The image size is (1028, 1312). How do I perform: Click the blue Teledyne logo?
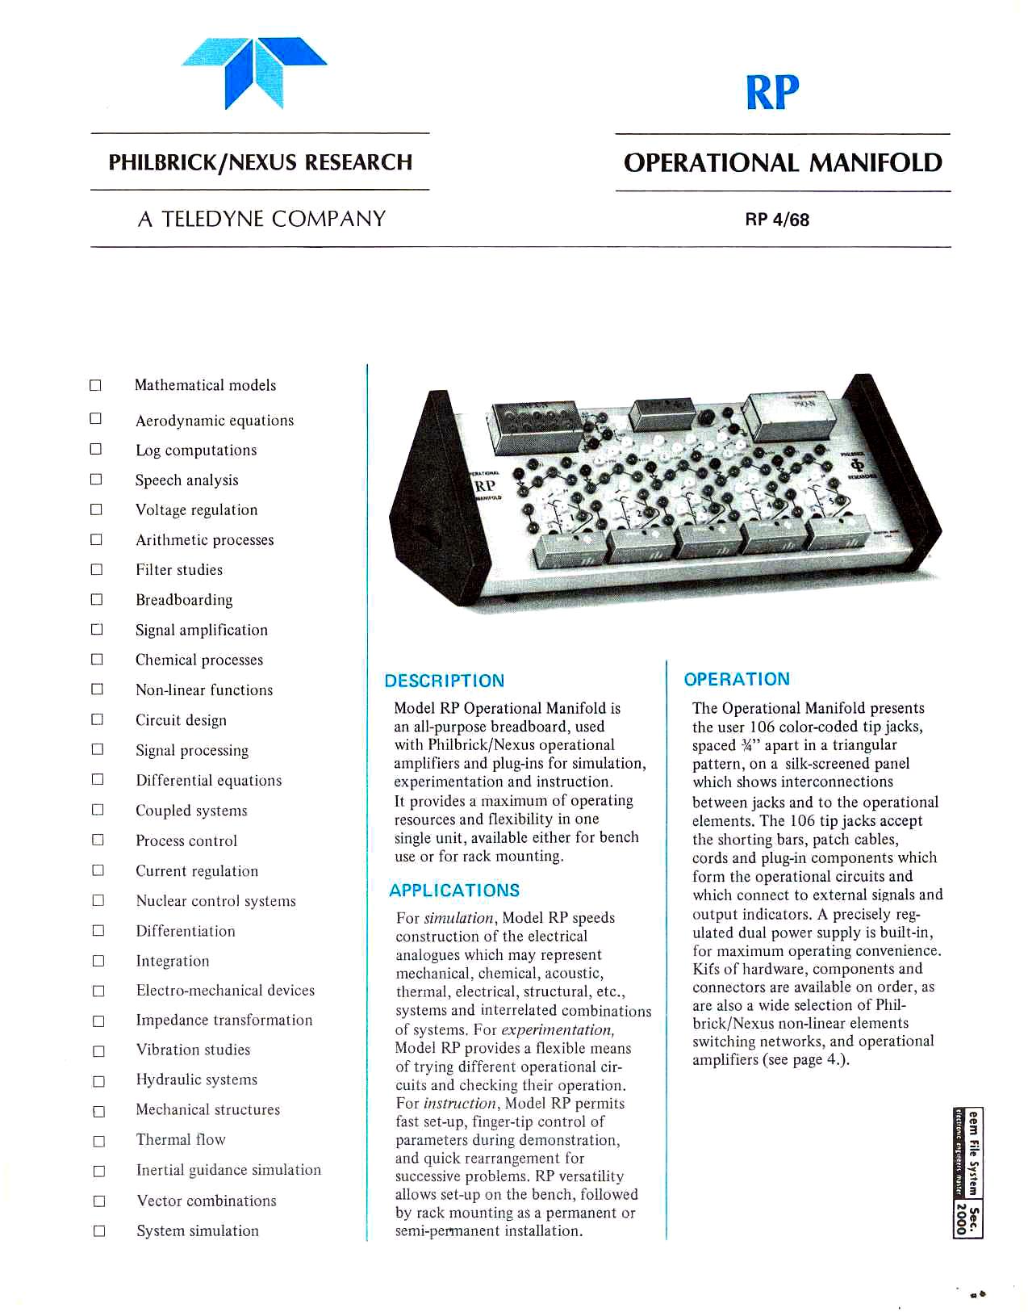(254, 72)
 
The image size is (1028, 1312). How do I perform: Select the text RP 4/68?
(777, 220)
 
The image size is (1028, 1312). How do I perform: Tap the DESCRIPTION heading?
(445, 681)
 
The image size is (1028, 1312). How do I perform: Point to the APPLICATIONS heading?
(454, 891)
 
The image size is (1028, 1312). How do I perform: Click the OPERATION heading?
(737, 679)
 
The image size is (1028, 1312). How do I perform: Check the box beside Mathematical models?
(95, 385)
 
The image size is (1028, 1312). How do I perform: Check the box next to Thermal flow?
(98, 1141)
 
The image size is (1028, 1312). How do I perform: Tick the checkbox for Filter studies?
(97, 569)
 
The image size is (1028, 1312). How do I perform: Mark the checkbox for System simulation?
(98, 1231)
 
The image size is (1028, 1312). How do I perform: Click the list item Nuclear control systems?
(215, 901)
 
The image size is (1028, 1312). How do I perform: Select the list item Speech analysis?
(186, 480)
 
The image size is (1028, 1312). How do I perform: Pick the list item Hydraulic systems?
(196, 1080)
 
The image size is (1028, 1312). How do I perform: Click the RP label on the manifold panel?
(485, 486)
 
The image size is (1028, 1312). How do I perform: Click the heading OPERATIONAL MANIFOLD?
(783, 162)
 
